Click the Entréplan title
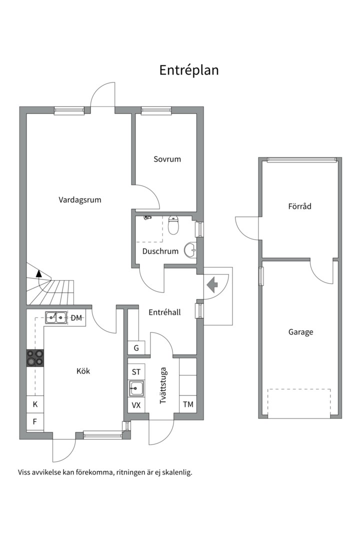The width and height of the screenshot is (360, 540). (189, 70)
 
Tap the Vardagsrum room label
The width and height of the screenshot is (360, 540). (80, 200)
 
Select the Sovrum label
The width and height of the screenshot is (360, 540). (167, 159)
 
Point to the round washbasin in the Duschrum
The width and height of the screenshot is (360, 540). (190, 250)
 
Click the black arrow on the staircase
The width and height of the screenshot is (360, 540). (38, 273)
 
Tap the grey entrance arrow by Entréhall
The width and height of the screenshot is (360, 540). (212, 284)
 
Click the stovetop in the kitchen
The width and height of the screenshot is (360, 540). (35, 358)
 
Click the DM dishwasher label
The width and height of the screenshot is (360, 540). (76, 318)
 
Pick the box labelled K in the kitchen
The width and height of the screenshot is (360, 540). (35, 404)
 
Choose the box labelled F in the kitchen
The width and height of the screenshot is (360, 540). (35, 421)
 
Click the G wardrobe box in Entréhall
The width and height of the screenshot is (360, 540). (136, 348)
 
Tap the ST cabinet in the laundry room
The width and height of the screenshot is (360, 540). (136, 372)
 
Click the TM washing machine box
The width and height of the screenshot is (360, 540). (188, 404)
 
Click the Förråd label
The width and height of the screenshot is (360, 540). (299, 206)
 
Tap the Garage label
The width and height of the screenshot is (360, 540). (300, 332)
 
